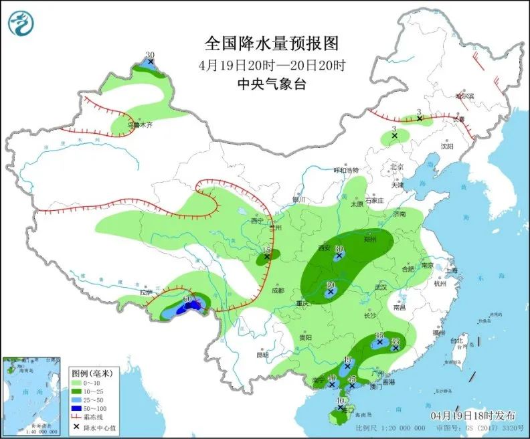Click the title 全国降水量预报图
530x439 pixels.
click(x=272, y=44)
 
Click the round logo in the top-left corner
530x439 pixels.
click(x=21, y=23)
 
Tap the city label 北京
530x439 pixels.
click(x=397, y=167)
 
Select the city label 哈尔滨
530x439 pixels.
click(x=464, y=96)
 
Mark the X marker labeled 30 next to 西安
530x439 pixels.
click(x=339, y=254)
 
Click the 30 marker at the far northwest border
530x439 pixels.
click(x=151, y=62)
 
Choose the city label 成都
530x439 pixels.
click(x=278, y=290)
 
